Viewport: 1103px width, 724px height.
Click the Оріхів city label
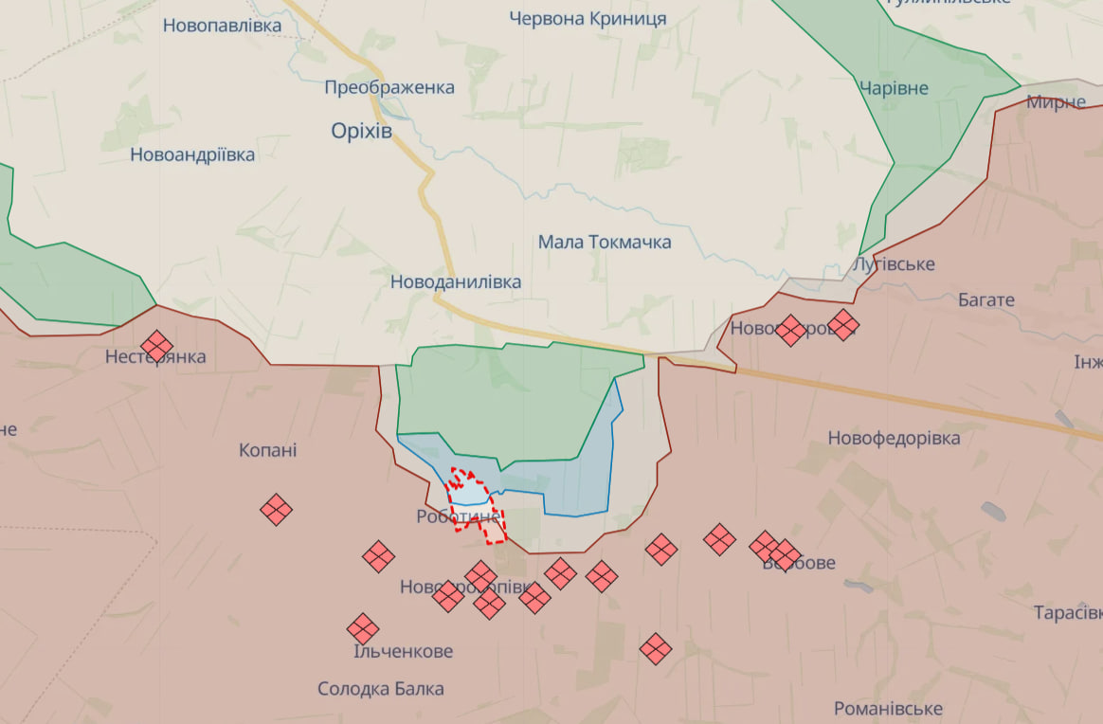tap(361, 131)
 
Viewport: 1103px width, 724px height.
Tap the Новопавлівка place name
tap(222, 26)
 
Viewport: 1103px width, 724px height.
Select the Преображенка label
tap(389, 87)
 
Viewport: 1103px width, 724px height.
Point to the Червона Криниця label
tap(588, 18)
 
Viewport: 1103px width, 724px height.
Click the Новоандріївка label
tap(192, 154)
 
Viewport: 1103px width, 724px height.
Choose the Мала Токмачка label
tap(605, 242)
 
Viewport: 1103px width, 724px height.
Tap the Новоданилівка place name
tap(456, 281)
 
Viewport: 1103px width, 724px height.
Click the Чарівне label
tap(894, 88)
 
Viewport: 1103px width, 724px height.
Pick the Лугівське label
tap(894, 263)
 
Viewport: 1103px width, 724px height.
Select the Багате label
tap(985, 299)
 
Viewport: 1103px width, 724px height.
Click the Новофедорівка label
tap(894, 438)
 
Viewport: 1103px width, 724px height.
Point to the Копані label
tap(268, 450)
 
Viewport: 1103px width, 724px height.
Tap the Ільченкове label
tap(403, 651)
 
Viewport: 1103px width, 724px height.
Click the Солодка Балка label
tap(381, 689)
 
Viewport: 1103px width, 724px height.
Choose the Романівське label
tap(888, 708)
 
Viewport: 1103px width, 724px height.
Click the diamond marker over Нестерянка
tap(157, 346)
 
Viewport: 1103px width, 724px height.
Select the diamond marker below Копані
tap(276, 510)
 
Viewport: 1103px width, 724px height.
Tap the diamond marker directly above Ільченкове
tap(362, 628)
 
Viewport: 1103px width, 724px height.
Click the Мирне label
tap(1056, 101)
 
